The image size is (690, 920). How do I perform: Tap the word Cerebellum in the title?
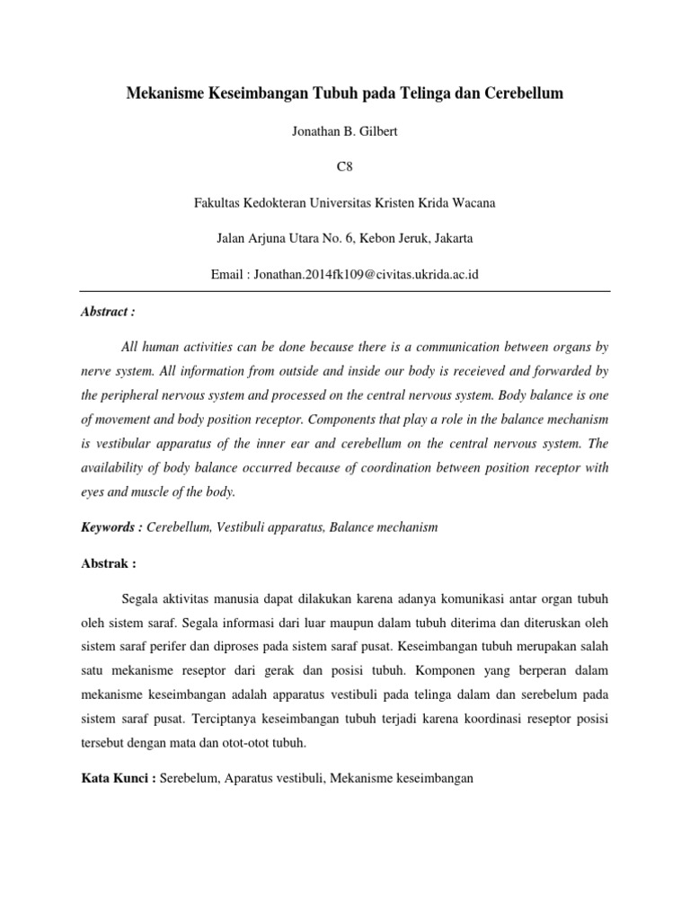pos(521,93)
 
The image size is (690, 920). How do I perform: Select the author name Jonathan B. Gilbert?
pos(344,131)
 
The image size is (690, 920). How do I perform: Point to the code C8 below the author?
pos(344,167)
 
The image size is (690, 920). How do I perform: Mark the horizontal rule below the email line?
pos(344,291)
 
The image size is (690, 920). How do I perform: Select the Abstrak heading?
pos(107,563)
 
